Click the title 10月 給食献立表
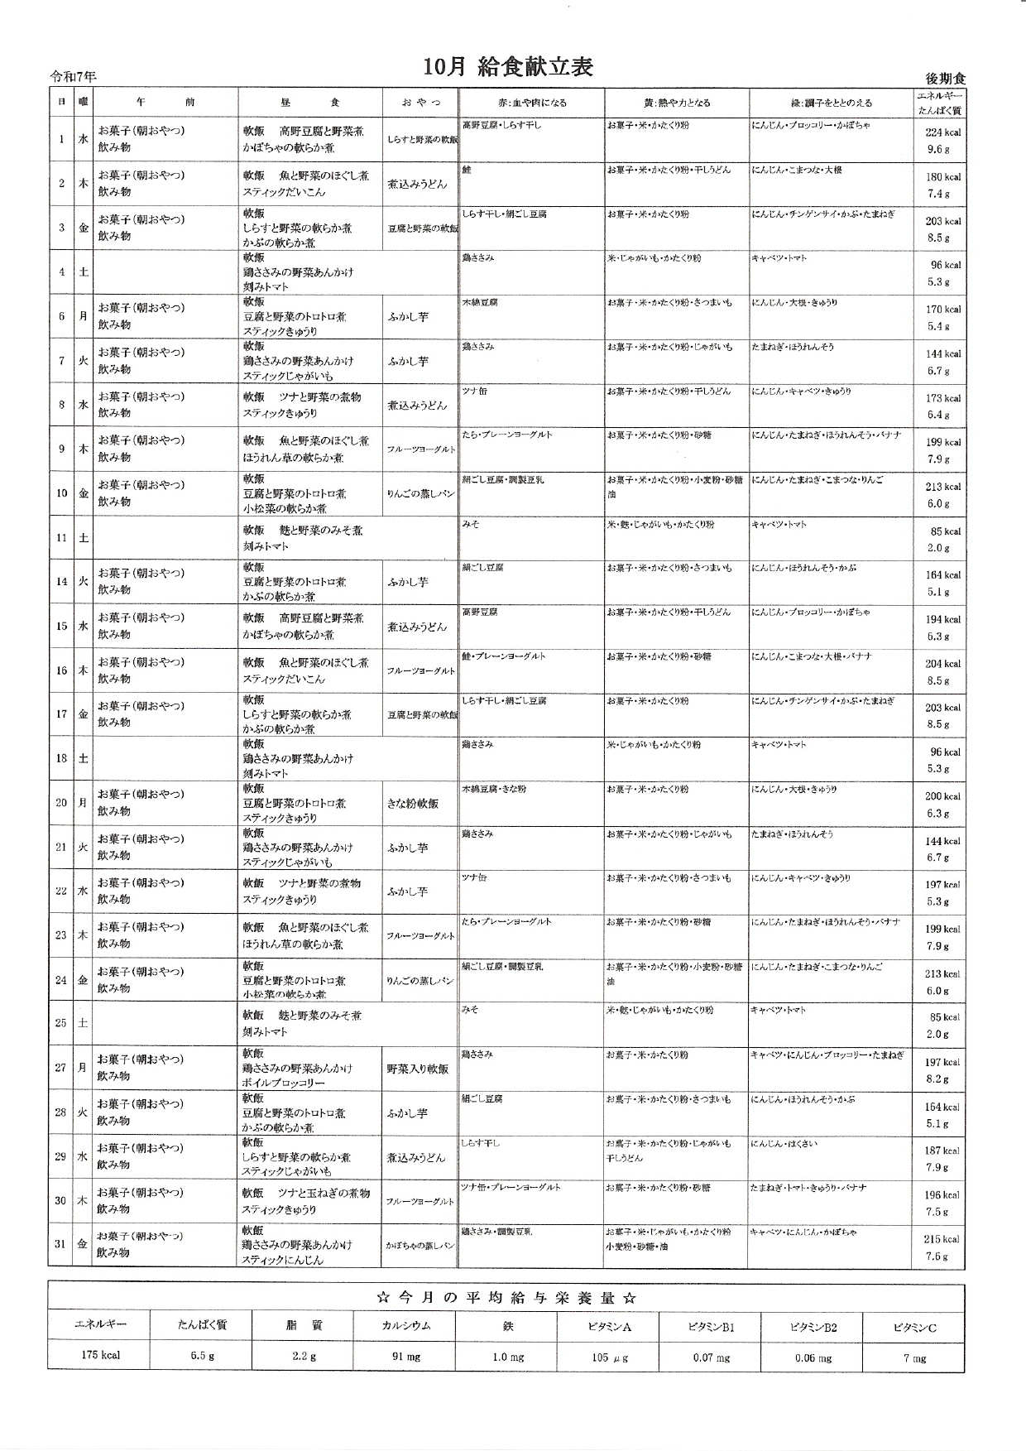click(508, 67)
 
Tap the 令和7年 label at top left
click(73, 77)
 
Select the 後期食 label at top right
click(945, 79)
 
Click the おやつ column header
click(421, 103)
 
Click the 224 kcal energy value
click(942, 132)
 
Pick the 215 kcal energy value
click(942, 1239)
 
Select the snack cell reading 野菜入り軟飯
click(418, 1069)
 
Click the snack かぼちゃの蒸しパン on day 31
click(420, 1245)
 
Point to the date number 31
click(60, 1244)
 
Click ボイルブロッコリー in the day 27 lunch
click(284, 1083)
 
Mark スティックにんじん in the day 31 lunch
click(282, 1260)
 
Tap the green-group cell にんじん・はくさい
click(784, 1144)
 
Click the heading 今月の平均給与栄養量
click(506, 1298)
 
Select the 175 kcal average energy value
click(100, 1355)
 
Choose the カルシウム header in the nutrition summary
click(405, 1325)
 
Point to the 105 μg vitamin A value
click(609, 1357)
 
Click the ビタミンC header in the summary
click(914, 1328)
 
